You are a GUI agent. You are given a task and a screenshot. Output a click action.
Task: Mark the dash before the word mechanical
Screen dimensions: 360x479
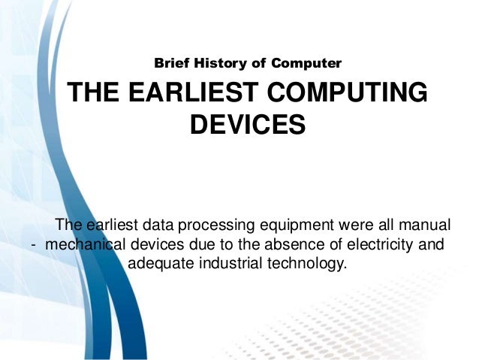coord(34,245)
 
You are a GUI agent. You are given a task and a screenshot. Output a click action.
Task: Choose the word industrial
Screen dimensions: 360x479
coord(233,264)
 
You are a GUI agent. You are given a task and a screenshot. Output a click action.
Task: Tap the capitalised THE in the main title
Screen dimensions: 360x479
coord(95,95)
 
